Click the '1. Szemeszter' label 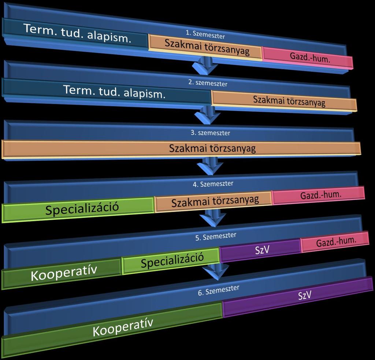(205, 34)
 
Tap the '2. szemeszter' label (208, 83)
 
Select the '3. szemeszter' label (210, 133)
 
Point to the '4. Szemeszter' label (213, 184)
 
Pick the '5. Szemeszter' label (216, 236)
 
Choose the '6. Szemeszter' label (219, 290)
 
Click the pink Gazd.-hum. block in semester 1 (308, 58)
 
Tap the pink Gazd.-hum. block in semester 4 (318, 196)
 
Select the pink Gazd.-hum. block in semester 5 (335, 242)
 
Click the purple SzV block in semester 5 (260, 250)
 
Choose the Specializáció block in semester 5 (171, 261)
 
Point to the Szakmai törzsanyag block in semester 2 (284, 101)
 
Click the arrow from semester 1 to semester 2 (205, 65)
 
